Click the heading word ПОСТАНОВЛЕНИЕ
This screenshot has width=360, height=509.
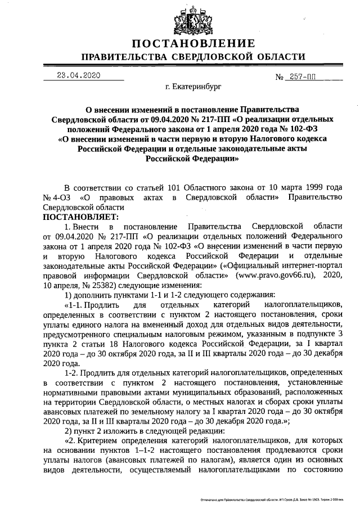click(x=193, y=44)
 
